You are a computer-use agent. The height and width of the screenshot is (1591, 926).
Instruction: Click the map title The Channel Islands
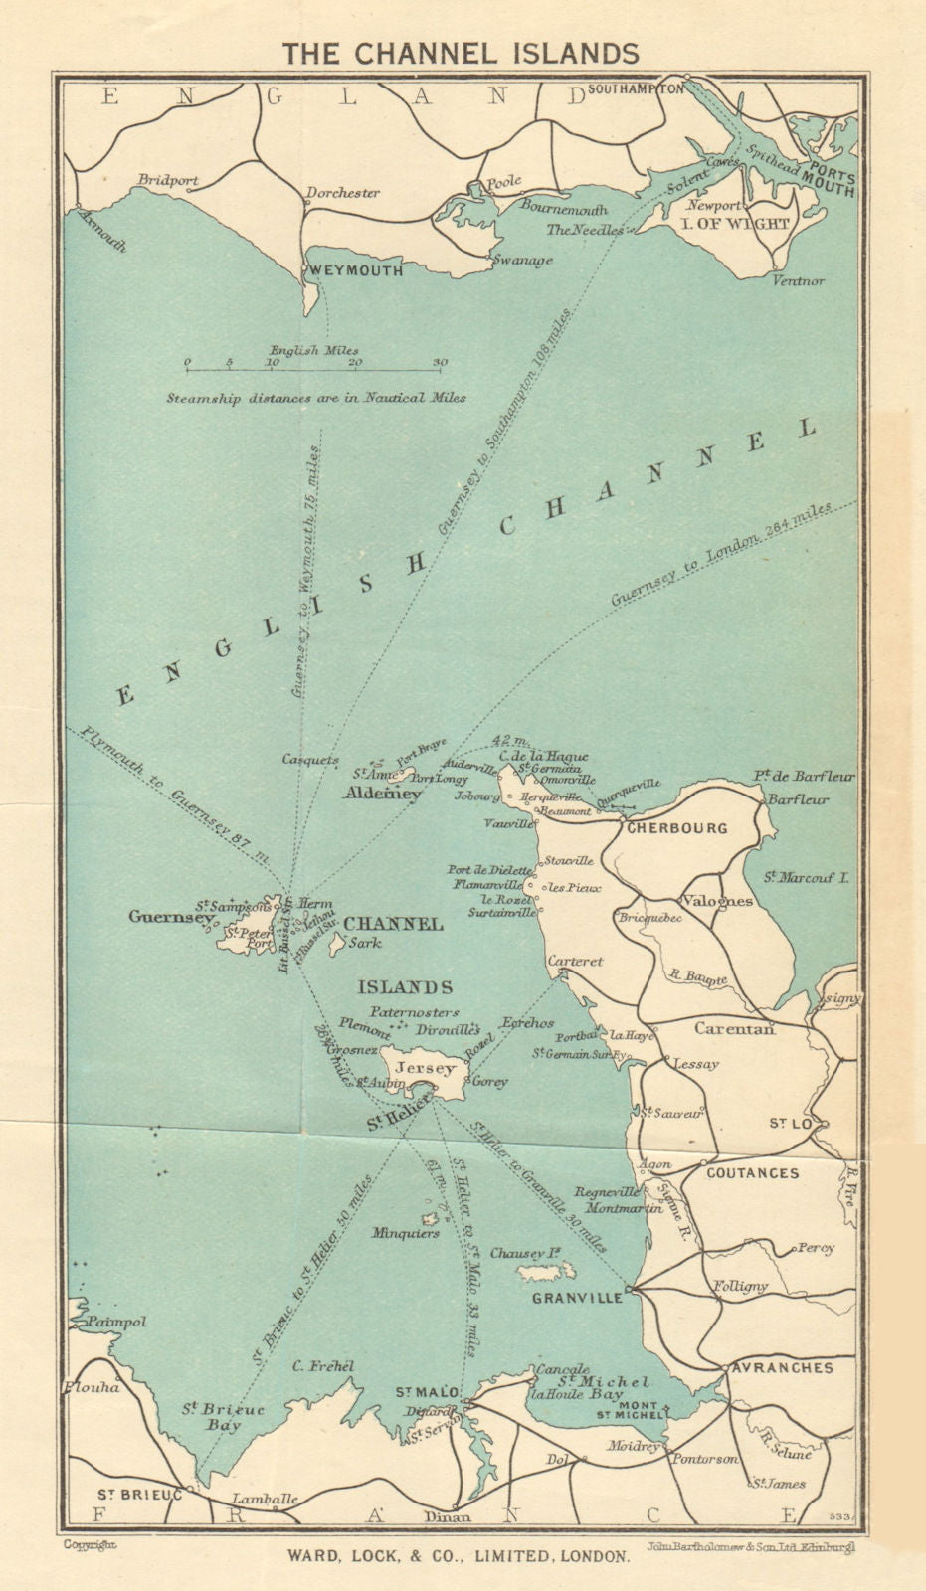pos(461,53)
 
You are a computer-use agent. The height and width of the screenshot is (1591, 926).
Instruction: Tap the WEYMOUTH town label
pos(355,270)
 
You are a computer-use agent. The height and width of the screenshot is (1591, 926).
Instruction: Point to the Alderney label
pos(383,794)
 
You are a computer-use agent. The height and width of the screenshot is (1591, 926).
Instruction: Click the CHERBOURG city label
pos(675,827)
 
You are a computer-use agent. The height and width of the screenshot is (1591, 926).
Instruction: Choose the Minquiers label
pos(406,1233)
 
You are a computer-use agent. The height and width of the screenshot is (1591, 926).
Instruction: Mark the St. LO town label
pos(792,1124)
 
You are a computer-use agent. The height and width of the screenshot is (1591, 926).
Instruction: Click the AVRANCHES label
pos(782,1368)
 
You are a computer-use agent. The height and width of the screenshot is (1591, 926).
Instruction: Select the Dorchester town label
pos(342,193)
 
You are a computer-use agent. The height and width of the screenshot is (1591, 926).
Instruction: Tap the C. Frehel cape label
pos(324,1366)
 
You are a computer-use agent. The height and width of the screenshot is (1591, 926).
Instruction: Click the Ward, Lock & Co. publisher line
pos(459,1556)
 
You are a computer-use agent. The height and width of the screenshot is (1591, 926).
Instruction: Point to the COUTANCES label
pos(752,1173)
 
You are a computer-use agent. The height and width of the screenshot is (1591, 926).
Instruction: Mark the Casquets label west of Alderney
pos(310,760)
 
